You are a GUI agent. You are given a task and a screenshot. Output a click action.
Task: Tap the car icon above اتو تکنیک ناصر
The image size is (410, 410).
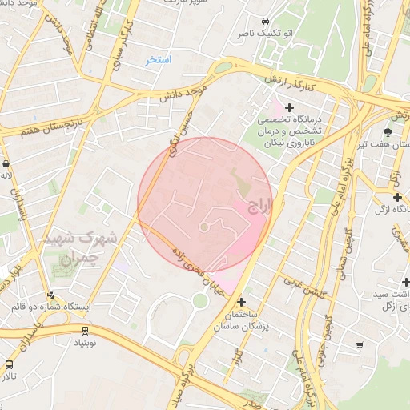pyautogui.click(x=265, y=21)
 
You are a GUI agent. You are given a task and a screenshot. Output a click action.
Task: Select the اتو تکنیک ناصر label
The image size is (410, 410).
pyautogui.click(x=259, y=35)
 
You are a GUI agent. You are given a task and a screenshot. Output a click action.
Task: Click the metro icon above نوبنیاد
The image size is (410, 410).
pyautogui.click(x=85, y=329)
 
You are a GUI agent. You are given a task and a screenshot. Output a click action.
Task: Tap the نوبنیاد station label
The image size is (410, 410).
pyautogui.click(x=86, y=342)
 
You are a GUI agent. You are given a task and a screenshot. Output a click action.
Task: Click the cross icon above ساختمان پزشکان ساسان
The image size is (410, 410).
pyautogui.click(x=242, y=302)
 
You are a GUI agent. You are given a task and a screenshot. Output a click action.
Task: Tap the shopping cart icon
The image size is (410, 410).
pyautogui.click(x=360, y=346)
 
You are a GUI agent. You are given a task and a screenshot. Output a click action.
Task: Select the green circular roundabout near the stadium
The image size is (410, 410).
pyautogui.click(x=199, y=301)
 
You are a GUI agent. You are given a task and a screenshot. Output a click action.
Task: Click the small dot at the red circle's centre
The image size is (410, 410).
pyautogui.click(x=204, y=227)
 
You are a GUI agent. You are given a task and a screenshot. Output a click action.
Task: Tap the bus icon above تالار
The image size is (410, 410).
pyautogui.click(x=10, y=363)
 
